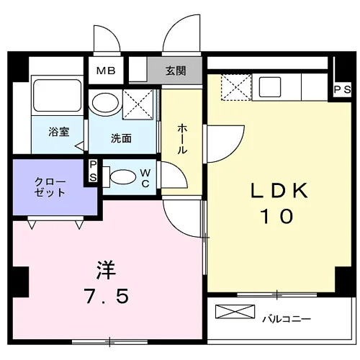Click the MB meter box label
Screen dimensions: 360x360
point(106,71)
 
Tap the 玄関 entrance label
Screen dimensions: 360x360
point(176,71)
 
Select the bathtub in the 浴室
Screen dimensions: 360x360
point(57,95)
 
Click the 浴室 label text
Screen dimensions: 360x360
point(59,132)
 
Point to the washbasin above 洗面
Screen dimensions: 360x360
point(105,102)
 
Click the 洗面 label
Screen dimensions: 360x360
point(121,138)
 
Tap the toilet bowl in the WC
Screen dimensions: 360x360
point(122,177)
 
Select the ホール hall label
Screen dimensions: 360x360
point(181,138)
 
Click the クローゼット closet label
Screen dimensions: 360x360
point(50,187)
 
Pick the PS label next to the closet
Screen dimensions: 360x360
point(93,171)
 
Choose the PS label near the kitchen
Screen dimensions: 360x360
point(343,90)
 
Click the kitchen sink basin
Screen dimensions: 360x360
point(270,87)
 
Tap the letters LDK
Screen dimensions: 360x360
point(279,191)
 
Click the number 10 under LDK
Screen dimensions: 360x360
point(277,216)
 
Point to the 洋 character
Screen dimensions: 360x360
point(106,270)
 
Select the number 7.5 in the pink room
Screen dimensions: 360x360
point(107,296)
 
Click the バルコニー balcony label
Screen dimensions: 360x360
point(287,319)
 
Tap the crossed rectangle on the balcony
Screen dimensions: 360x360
point(235,312)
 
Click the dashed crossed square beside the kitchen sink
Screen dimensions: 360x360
point(236,87)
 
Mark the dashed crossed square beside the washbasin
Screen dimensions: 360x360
point(138,104)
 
